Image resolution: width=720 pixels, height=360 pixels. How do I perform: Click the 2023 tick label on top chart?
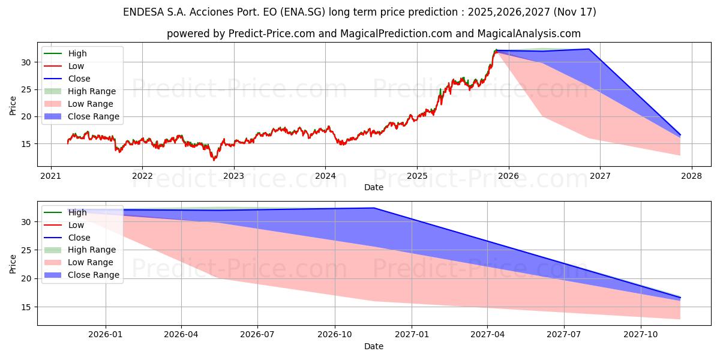pos(233,177)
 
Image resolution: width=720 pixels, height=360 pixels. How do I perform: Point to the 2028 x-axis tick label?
pos(691,177)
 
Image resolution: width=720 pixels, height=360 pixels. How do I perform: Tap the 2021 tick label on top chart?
pos(50,177)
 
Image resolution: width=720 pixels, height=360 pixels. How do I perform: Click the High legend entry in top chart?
pos(77,53)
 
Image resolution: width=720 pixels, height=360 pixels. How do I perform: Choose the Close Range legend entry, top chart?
pos(94,116)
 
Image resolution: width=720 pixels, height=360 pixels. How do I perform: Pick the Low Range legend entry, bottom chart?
pos(91,262)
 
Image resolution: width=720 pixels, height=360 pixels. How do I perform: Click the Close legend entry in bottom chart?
pos(79,238)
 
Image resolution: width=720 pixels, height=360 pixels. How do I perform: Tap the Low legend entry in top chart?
pos(76,66)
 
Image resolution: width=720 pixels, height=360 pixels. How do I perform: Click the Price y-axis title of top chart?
pos(13,106)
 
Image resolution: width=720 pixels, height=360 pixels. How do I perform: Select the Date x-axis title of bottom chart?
pos(374,346)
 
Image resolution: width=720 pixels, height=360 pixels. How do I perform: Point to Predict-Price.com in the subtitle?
pos(272,34)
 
